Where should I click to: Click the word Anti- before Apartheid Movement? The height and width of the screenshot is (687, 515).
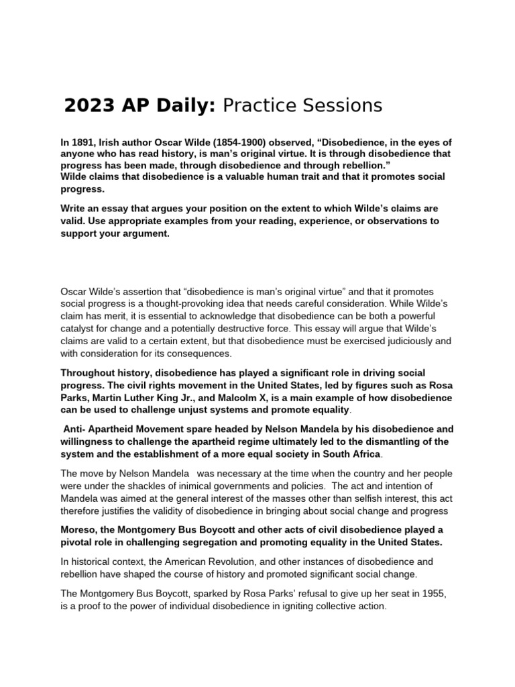(x=75, y=428)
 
